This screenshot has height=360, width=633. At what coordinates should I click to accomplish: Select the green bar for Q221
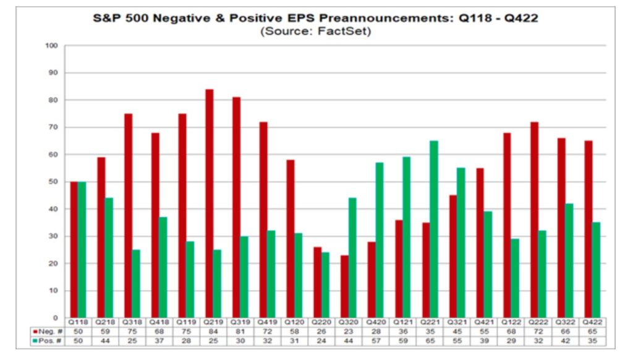(x=434, y=229)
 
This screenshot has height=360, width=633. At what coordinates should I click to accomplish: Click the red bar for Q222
(x=534, y=220)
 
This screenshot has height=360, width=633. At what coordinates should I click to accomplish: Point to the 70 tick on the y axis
(x=53, y=127)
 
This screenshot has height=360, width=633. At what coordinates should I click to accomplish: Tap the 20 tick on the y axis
(x=53, y=264)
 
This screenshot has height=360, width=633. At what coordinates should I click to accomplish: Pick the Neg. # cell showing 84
(x=213, y=332)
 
